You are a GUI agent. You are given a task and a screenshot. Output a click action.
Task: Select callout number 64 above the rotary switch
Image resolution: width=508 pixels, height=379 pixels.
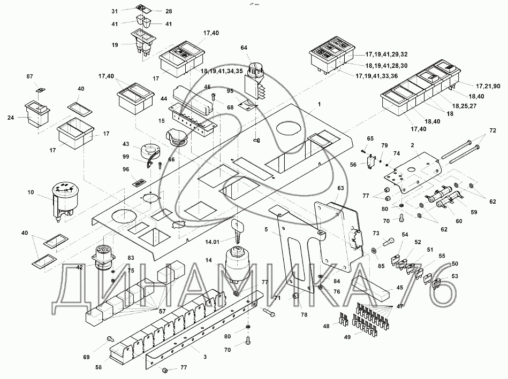click(x=245, y=48)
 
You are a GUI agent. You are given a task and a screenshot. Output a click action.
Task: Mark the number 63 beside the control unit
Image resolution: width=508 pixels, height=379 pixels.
click(x=340, y=188)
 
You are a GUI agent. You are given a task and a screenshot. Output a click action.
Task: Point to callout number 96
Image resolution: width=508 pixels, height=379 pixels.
click(x=126, y=169)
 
